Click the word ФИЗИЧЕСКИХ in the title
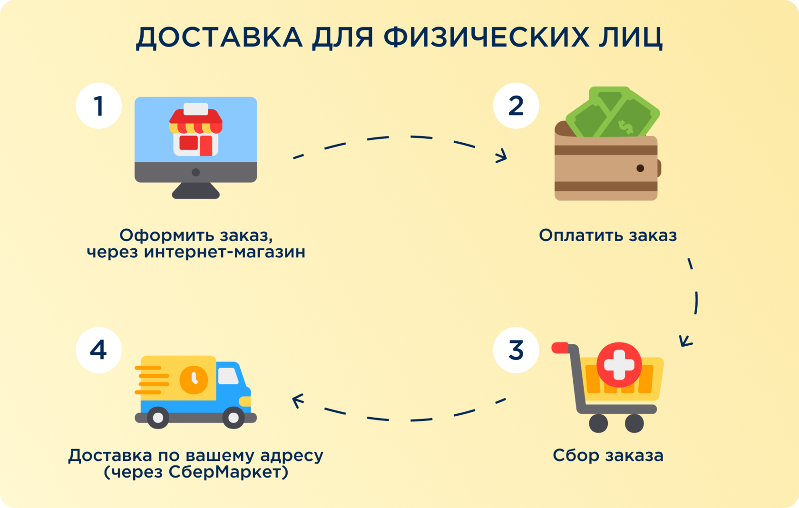(486, 37)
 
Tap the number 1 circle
(98, 106)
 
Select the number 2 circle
(516, 106)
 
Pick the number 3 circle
(516, 350)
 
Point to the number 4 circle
(98, 350)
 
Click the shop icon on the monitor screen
(196, 131)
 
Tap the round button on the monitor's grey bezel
(195, 172)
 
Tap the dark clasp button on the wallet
(640, 168)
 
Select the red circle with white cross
(619, 365)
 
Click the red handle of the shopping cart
(560, 348)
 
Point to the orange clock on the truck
(194, 380)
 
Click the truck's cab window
(228, 376)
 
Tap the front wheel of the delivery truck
(234, 418)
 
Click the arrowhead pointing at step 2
(501, 156)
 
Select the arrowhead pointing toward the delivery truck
(297, 401)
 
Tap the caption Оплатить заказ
(607, 235)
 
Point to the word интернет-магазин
(224, 252)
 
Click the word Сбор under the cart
(576, 456)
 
